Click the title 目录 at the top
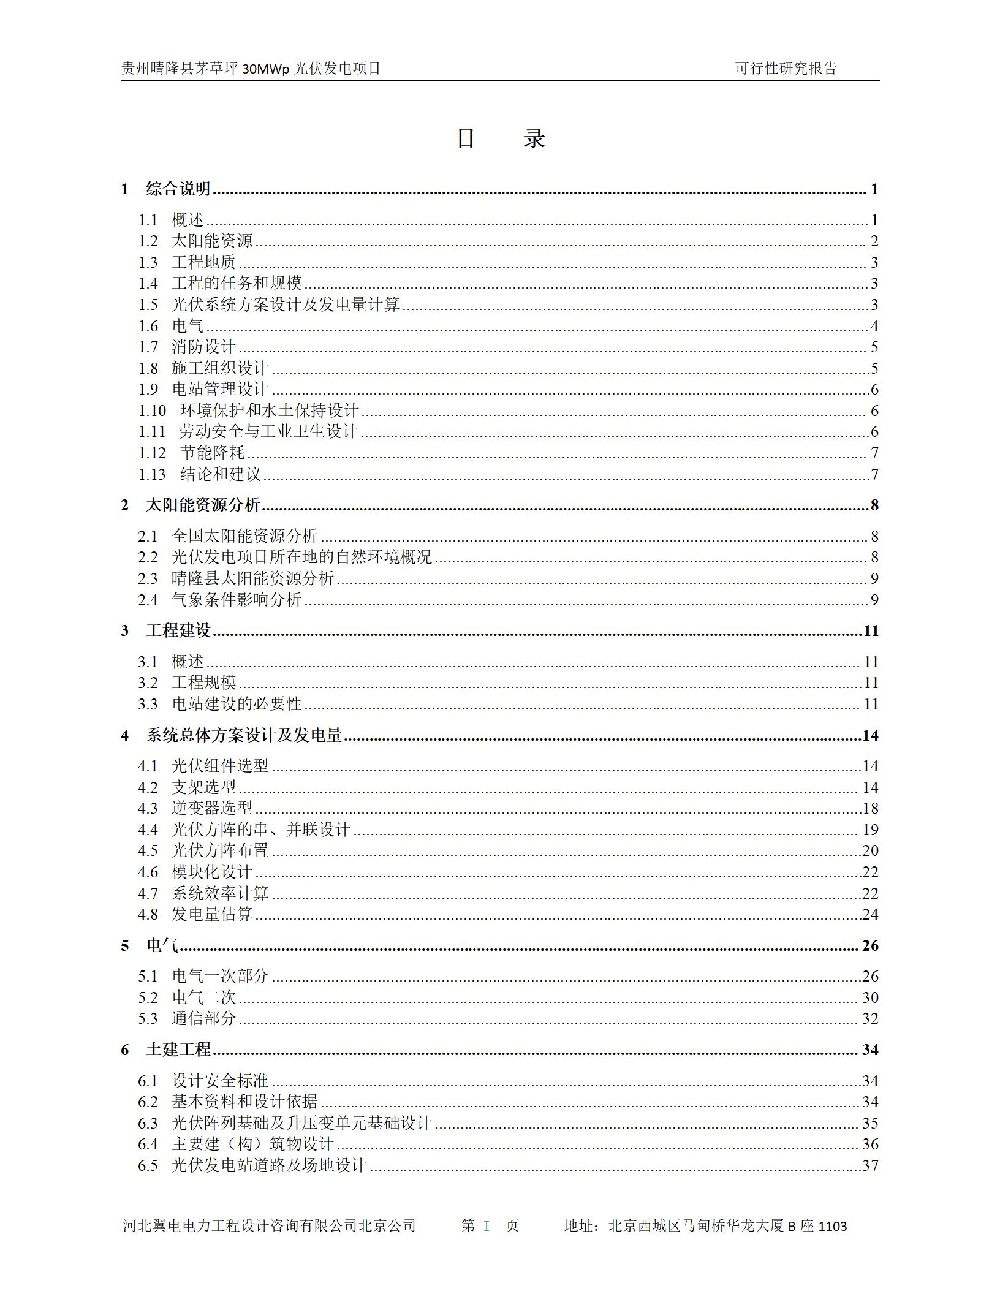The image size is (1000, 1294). (x=500, y=139)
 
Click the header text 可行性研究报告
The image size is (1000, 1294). (x=786, y=69)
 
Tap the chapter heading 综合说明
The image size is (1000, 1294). (x=178, y=189)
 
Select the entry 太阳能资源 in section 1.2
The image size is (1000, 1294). (x=212, y=241)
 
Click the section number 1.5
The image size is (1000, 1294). (x=148, y=305)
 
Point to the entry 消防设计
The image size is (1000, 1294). (x=203, y=347)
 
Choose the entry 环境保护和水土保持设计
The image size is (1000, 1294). (x=269, y=411)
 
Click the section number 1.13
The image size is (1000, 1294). (x=151, y=475)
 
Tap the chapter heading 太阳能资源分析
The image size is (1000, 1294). (x=203, y=505)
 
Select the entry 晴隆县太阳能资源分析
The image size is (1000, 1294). (x=252, y=579)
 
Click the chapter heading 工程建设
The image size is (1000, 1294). (x=178, y=631)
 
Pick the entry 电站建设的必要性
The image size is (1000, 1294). (x=237, y=705)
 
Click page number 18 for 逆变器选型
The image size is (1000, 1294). (x=870, y=809)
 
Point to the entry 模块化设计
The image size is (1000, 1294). (x=212, y=872)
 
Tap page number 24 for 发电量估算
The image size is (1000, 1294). (x=870, y=915)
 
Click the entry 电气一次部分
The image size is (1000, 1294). (x=220, y=977)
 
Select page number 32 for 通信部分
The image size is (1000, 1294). (x=870, y=1019)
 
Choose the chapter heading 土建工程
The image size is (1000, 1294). (x=178, y=1050)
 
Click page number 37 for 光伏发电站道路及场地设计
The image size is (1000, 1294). (x=870, y=1165)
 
